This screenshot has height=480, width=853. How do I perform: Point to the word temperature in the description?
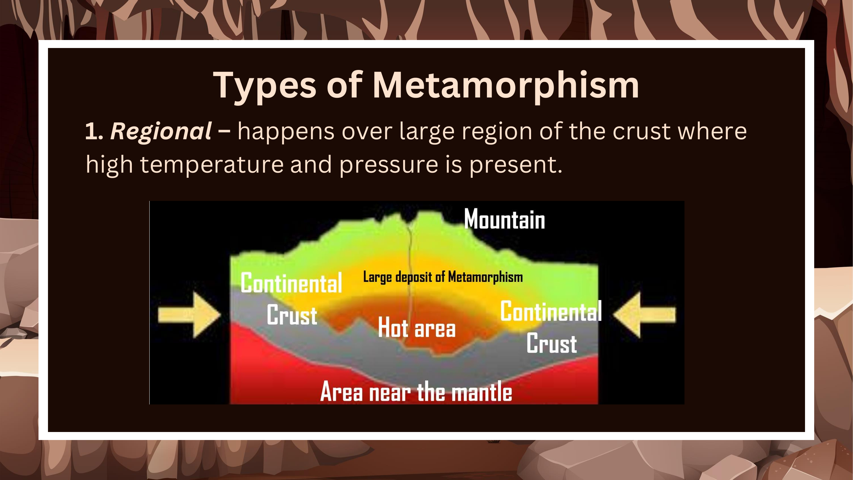point(212,165)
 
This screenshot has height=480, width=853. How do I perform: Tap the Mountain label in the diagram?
point(504,219)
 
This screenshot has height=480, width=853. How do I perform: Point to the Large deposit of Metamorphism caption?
point(443,277)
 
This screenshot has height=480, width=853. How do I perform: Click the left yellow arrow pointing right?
point(190,315)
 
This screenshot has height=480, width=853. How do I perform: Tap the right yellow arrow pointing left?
point(644,315)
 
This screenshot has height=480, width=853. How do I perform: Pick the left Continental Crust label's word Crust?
point(292,315)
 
